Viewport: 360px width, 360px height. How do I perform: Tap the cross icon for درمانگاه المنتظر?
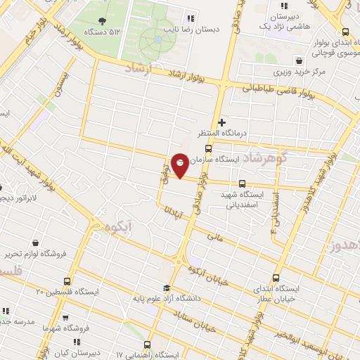coord(222,122)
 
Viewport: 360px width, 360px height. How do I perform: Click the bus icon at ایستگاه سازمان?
coord(208,148)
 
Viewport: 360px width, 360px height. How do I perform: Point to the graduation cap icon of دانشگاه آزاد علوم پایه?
coord(167,287)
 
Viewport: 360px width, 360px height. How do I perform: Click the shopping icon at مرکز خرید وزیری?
coord(300,60)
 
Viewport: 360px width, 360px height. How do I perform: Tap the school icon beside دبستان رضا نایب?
coord(191,19)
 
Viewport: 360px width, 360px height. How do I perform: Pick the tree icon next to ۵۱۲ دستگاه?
coord(103,20)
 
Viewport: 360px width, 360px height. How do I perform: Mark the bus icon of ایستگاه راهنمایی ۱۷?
coord(147,345)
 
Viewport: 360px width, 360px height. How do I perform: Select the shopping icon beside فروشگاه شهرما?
coord(65,317)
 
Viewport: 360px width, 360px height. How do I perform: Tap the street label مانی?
coord(214,238)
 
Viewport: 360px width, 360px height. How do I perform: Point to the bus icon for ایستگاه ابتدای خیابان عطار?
coord(276,277)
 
